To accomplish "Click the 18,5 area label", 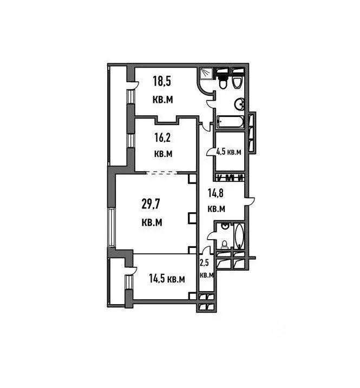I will click(x=161, y=82).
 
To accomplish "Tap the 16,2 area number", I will click(x=162, y=137).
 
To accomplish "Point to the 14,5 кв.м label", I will click(x=167, y=279).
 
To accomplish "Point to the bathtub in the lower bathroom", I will click(x=239, y=236).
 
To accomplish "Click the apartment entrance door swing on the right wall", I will click(x=251, y=203).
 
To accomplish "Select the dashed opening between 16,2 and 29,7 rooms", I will click(x=162, y=173).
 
